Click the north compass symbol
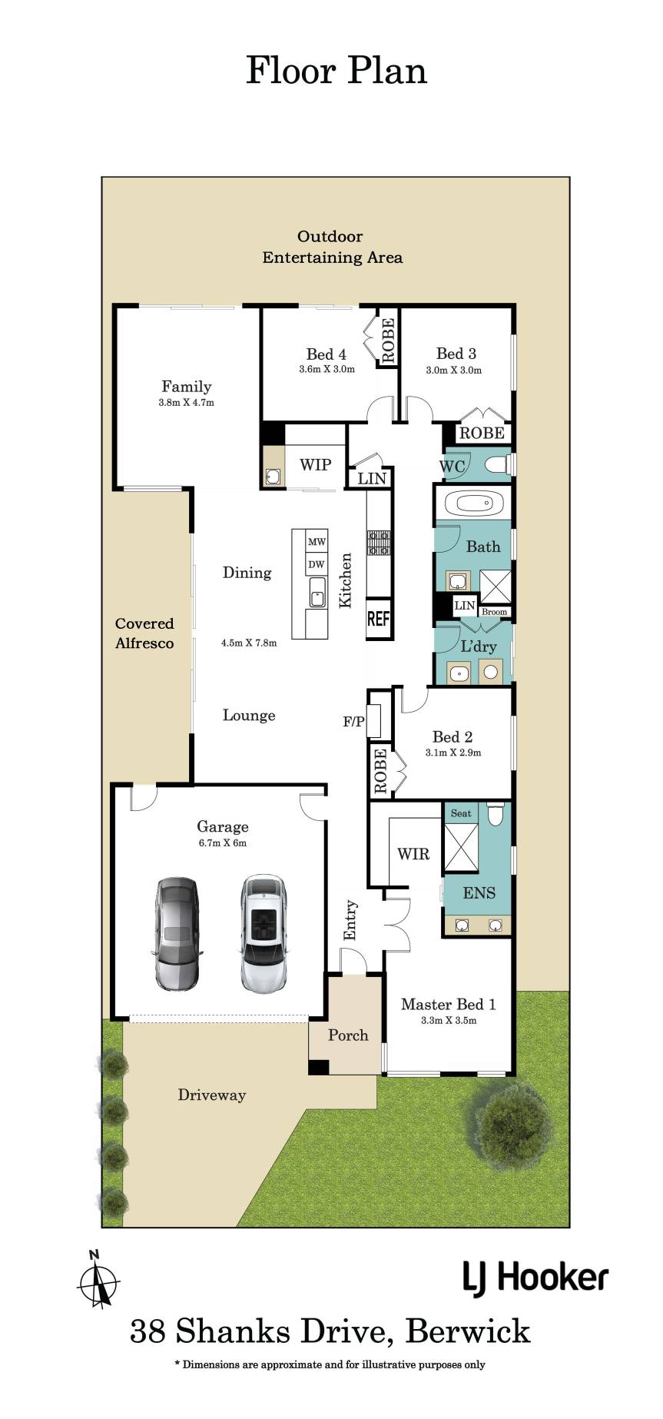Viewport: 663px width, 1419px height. (98, 1280)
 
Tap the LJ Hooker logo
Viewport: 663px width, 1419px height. (535, 1278)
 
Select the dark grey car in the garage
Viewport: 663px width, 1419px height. (177, 932)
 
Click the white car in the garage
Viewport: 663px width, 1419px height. (264, 932)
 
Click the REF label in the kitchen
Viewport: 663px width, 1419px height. (379, 618)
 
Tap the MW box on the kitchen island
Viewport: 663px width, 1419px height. (317, 542)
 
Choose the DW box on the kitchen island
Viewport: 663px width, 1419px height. (317, 564)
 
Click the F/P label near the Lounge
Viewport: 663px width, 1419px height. (353, 722)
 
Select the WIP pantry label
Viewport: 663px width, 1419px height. (315, 464)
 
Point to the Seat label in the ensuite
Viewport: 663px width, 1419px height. (461, 813)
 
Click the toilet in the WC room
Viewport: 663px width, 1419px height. (499, 464)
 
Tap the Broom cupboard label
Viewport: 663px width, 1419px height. (495, 612)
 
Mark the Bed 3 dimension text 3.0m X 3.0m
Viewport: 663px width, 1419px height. (454, 370)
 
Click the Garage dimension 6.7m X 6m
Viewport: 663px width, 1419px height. (223, 842)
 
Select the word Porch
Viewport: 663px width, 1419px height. (348, 1035)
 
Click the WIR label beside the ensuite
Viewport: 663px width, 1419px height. (413, 853)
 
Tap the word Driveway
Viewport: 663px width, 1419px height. (212, 1095)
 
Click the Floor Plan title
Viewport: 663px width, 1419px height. (336, 70)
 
